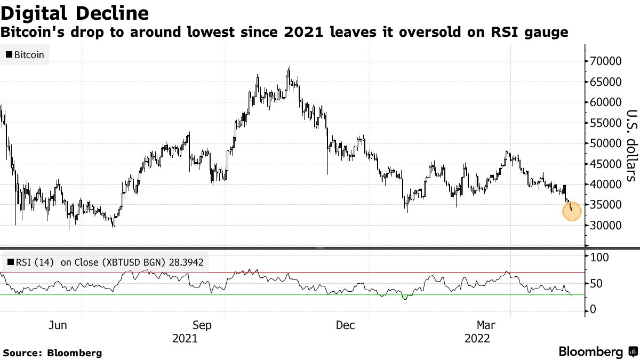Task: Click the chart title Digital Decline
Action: pos(75,12)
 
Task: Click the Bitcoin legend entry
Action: pos(25,54)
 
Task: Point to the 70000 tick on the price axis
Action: pos(605,61)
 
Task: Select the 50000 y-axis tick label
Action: pos(605,143)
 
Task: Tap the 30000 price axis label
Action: pos(605,226)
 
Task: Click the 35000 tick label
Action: pos(605,205)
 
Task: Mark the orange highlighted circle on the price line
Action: pos(572,212)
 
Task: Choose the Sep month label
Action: pos(202,325)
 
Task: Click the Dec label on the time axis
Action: pos(346,325)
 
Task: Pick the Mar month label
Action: pos(486,325)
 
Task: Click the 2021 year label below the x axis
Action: pos(185,339)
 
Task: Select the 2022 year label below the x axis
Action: pos(477,339)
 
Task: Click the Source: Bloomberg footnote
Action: pos(52,353)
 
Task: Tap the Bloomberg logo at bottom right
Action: pos(597,352)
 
